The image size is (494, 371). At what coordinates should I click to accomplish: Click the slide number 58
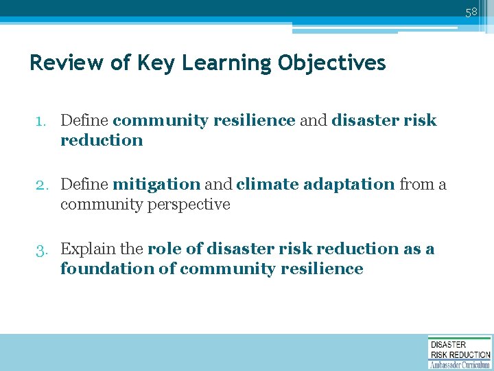click(471, 12)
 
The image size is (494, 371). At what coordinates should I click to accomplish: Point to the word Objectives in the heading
click(332, 63)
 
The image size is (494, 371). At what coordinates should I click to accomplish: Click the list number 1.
click(41, 121)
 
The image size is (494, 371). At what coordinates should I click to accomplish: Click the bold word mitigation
click(156, 185)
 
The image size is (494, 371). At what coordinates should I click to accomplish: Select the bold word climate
click(267, 184)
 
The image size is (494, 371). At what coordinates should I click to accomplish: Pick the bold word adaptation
click(349, 185)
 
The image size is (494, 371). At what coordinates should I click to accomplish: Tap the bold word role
click(162, 249)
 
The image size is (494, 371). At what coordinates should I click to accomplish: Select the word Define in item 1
click(84, 120)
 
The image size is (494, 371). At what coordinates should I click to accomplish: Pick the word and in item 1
click(313, 120)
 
